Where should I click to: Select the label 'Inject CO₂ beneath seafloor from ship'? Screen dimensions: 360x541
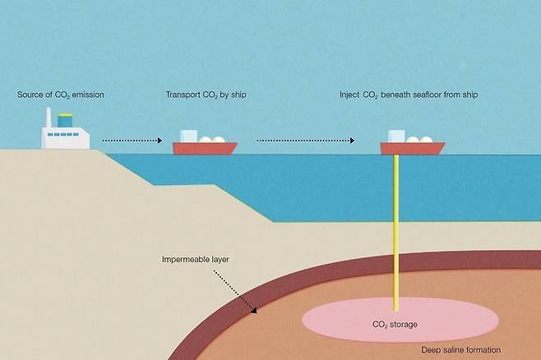click(x=409, y=95)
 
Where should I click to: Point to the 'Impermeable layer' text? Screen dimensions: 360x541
click(x=196, y=260)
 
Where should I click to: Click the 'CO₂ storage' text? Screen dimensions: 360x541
click(x=395, y=325)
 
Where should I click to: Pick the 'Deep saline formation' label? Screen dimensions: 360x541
click(x=460, y=349)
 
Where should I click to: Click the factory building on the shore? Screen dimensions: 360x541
click(x=66, y=138)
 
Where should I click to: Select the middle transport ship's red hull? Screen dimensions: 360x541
click(x=205, y=149)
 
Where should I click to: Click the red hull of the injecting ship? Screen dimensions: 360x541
click(x=412, y=149)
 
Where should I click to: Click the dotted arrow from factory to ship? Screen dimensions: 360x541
click(x=132, y=141)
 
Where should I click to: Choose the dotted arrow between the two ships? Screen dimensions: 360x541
click(x=305, y=141)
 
